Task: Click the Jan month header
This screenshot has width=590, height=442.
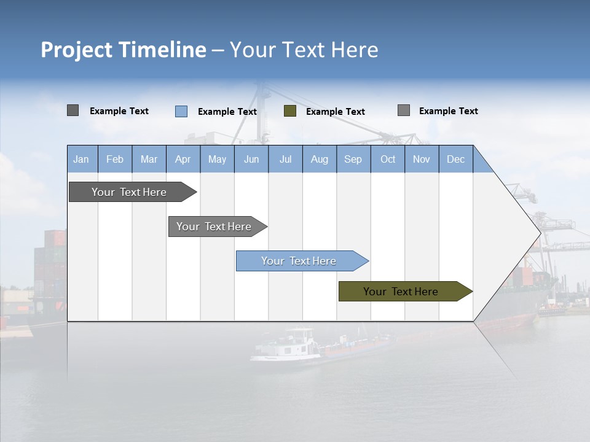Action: point(82,159)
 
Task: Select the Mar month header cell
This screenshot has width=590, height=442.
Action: point(149,159)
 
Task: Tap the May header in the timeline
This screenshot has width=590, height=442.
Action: point(217,159)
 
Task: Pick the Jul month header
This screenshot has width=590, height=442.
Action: point(285,159)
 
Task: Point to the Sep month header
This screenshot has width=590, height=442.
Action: point(353,159)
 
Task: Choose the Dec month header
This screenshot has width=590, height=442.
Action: point(455,159)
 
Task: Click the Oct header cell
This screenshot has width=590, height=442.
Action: point(387,159)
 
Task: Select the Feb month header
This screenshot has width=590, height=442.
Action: point(115,159)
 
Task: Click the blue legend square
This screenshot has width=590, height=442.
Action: point(181,111)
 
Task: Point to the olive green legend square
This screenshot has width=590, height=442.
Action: point(290,111)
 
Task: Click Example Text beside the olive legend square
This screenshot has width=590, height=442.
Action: point(336,111)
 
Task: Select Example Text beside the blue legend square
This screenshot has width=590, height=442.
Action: point(227,111)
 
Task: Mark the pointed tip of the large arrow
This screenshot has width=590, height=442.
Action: point(540,233)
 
